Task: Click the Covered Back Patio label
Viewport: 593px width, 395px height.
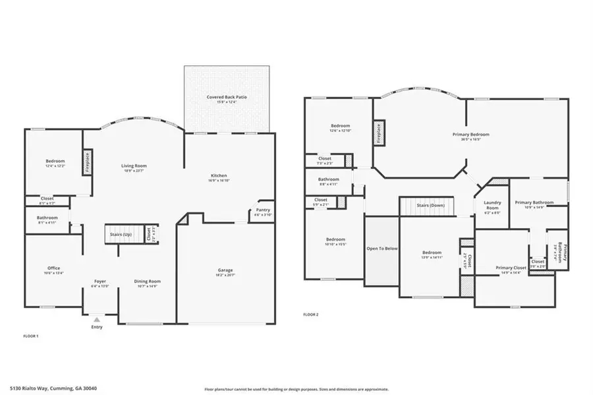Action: pos(227,98)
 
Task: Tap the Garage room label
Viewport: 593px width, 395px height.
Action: pos(225,270)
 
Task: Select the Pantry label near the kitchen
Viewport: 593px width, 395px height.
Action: pos(263,210)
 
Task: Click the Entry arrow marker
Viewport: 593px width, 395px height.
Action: pos(97,319)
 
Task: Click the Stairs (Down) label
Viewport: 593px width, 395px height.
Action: pos(430,205)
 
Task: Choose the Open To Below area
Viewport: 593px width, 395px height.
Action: pos(381,249)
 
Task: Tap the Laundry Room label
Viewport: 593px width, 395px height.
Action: pos(492,205)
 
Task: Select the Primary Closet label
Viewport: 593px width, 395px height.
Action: pos(511,268)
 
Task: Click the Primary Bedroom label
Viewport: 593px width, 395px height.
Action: pos(470,135)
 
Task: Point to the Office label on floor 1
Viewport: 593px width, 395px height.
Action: pos(54,268)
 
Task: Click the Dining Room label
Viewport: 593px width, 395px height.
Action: pos(148,282)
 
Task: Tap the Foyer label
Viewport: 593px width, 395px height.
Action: pos(99,282)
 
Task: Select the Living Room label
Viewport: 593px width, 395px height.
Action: pos(134,166)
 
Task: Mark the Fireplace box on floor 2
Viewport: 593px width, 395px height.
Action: pos(379,133)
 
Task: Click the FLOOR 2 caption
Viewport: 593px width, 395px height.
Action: pos(310,315)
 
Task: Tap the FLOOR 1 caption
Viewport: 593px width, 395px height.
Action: pos(31,336)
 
